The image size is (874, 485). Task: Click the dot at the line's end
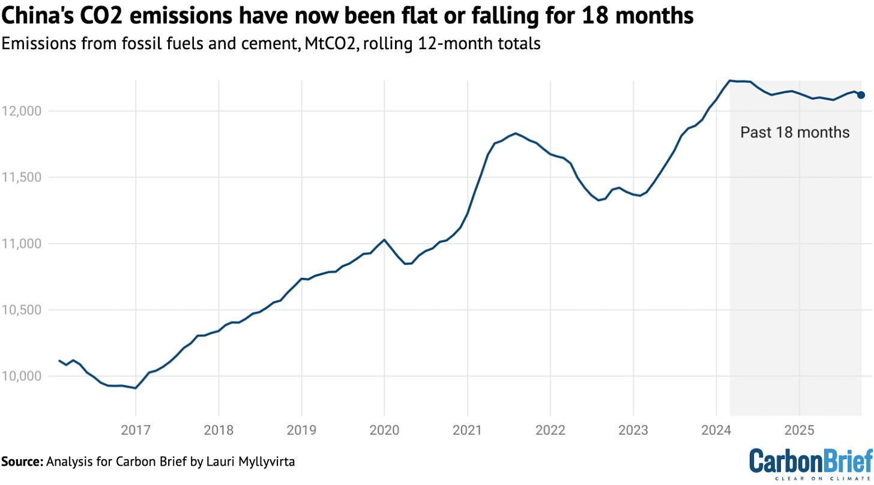coord(861,95)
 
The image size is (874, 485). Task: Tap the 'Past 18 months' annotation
coord(795,132)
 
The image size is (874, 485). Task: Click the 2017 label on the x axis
coord(136,431)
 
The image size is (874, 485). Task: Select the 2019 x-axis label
coord(301,431)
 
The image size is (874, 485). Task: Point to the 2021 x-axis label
coord(467,431)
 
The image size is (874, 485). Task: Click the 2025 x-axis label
coord(799,431)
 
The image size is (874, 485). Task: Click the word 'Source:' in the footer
coord(22,462)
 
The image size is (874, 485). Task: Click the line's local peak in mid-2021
coord(515,133)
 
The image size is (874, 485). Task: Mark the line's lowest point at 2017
coord(136,388)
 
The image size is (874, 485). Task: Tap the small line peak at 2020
coord(384,239)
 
